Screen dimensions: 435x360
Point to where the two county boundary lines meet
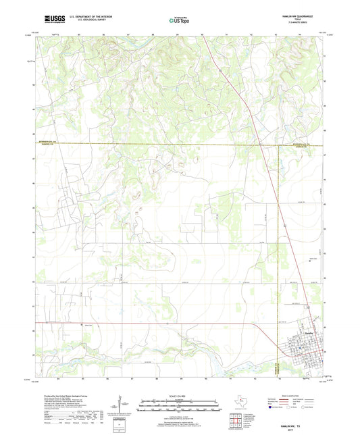pos(278,144)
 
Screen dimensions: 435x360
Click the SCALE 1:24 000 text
pos(180,396)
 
